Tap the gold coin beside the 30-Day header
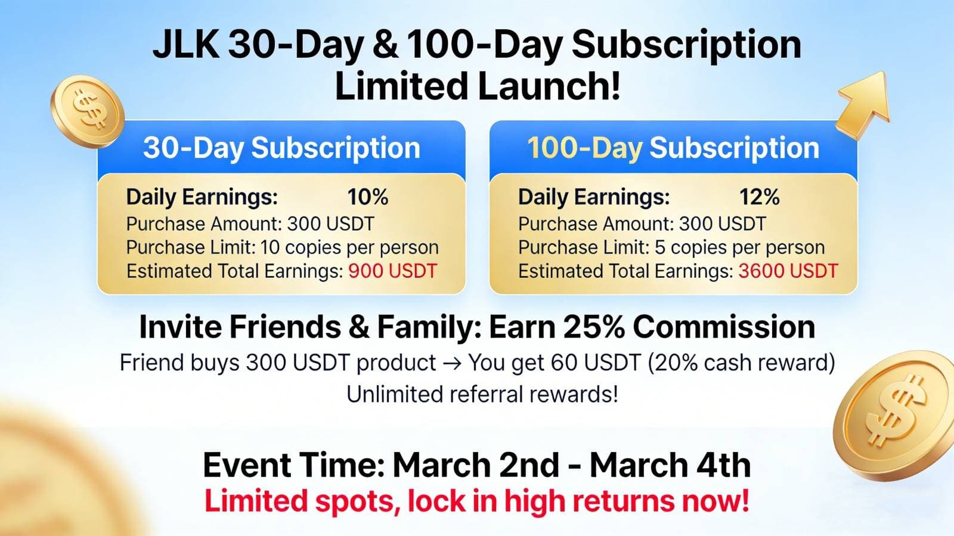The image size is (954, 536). [88, 111]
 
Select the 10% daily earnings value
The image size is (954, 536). [367, 197]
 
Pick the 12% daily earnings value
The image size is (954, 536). [760, 197]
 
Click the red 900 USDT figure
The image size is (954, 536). [393, 271]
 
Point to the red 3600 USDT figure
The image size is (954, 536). [788, 271]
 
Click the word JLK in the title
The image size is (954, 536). [186, 45]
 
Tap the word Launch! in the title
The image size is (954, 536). [549, 86]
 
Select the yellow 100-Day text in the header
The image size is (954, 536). [585, 148]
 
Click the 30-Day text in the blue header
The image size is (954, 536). [193, 148]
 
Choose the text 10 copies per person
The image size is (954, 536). [349, 248]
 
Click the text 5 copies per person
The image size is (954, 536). [740, 248]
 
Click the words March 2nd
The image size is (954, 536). [476, 465]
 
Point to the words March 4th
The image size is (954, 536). [670, 465]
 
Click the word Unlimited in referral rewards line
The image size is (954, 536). [394, 394]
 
